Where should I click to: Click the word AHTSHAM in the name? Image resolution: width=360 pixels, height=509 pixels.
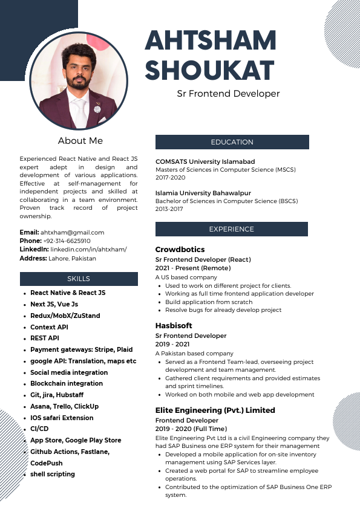[211, 41]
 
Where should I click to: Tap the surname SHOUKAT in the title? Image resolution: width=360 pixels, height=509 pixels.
[209, 71]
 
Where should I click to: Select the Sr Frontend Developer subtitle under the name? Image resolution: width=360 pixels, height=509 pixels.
[228, 94]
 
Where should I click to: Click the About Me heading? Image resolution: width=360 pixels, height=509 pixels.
[80, 141]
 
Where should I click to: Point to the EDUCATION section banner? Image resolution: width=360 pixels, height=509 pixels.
[232, 142]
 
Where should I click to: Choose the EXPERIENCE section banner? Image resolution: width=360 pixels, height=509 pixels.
[232, 229]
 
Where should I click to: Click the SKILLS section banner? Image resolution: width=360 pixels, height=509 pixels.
[79, 279]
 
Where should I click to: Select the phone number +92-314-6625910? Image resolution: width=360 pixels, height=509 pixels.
[67, 241]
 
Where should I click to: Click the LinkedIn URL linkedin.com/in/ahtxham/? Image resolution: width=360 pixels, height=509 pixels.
[88, 249]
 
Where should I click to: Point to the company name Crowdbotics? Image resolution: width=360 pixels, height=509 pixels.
[180, 250]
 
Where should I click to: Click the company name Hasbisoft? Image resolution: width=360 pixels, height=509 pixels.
[174, 325]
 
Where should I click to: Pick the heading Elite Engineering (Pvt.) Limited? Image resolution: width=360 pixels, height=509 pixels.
[215, 410]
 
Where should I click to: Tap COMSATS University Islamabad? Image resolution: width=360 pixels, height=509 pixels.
[205, 161]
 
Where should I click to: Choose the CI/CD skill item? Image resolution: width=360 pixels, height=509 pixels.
[39, 429]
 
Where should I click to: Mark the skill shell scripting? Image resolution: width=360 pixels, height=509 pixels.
[53, 474]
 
